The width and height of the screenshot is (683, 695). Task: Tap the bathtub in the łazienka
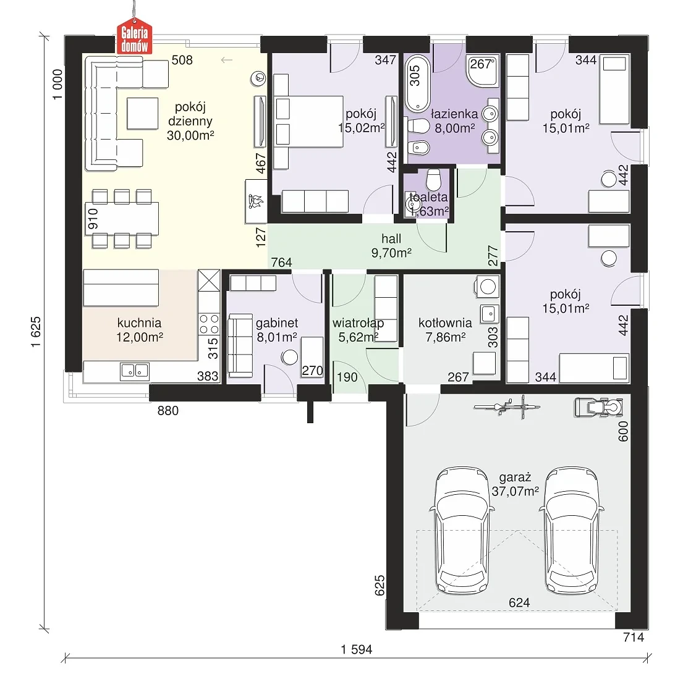click(x=417, y=83)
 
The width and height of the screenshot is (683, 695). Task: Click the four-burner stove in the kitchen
click(x=209, y=324)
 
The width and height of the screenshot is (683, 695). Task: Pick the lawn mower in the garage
click(x=598, y=407)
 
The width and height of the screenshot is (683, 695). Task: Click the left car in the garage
click(x=462, y=530)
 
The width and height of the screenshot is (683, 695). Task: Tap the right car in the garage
click(x=571, y=530)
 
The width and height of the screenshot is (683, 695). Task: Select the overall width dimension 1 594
click(x=357, y=649)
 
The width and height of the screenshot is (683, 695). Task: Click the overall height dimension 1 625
click(x=35, y=332)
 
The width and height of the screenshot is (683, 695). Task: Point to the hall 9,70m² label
click(x=391, y=245)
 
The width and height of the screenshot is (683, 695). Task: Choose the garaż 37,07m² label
click(x=515, y=484)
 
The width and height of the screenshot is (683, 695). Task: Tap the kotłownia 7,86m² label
click(x=445, y=330)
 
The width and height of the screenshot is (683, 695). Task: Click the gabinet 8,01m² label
click(x=277, y=330)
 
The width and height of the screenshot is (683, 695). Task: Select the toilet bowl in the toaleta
click(x=433, y=180)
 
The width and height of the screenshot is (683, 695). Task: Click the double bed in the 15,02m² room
click(x=308, y=122)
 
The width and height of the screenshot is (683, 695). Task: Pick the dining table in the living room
click(x=122, y=219)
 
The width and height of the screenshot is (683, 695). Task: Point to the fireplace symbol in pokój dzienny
click(x=256, y=201)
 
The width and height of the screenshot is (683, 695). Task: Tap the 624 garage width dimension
click(x=519, y=603)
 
